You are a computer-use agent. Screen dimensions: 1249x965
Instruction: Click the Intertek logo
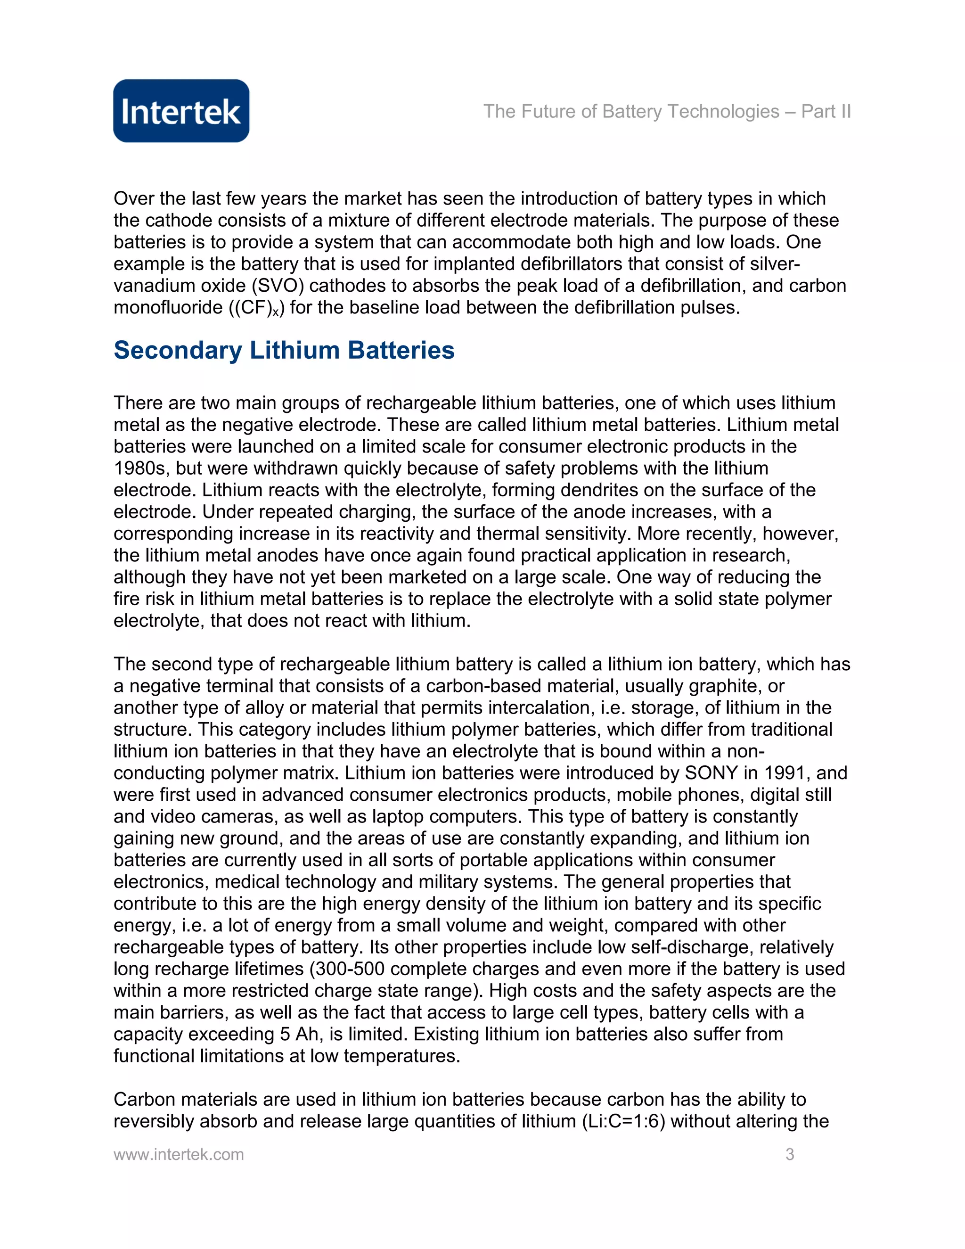pos(181,111)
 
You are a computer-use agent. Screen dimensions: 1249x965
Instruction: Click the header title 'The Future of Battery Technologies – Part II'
pos(667,112)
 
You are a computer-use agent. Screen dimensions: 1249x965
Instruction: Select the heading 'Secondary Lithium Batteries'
pos(284,350)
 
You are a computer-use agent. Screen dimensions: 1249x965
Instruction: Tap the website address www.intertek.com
pos(179,1154)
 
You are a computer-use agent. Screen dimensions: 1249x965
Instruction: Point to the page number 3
pos(790,1154)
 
